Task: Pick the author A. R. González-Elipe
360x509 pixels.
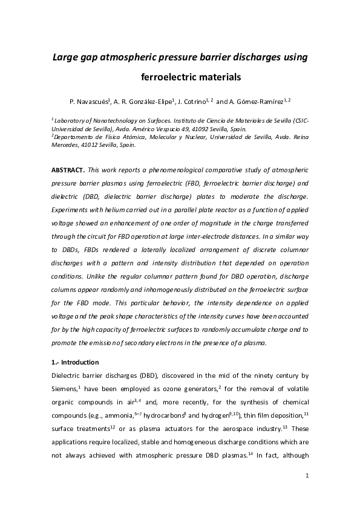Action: click(142, 102)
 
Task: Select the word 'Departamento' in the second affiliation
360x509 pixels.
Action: click(73, 137)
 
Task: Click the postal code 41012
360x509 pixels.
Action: click(88, 145)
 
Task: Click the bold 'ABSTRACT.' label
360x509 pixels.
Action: click(68, 170)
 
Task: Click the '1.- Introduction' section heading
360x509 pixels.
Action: click(75, 363)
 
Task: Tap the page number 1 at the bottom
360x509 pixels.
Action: click(307, 476)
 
